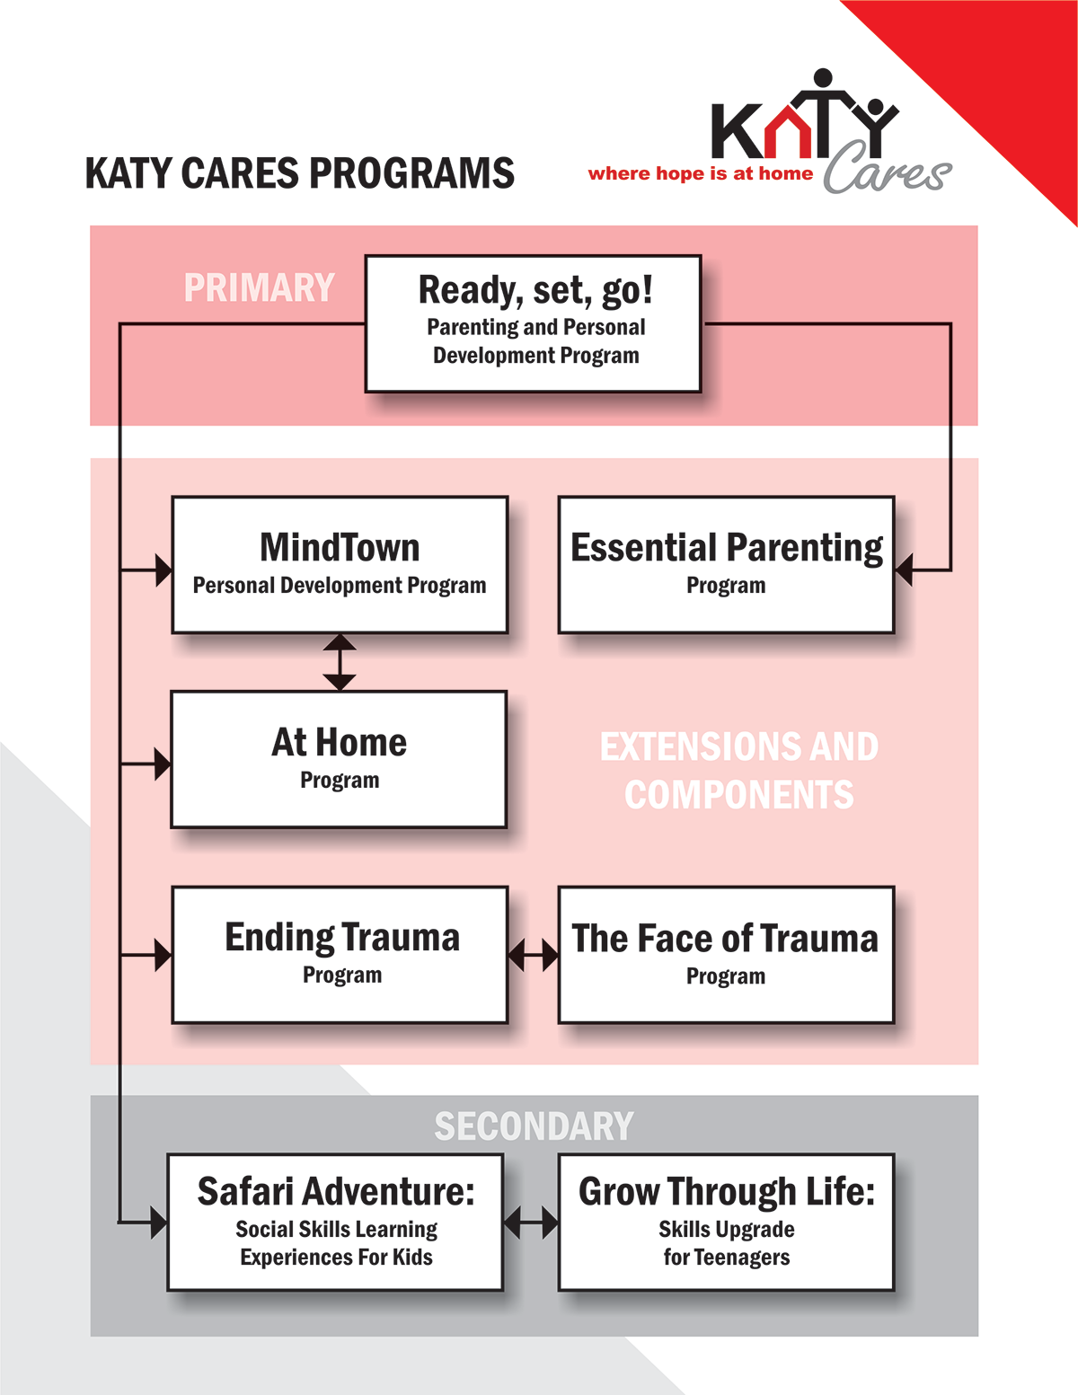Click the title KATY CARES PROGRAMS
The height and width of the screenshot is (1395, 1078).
(x=299, y=173)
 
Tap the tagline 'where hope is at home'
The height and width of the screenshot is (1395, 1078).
(x=700, y=173)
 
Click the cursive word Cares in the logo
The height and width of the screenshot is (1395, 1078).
(x=887, y=171)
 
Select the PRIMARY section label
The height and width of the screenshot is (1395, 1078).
(x=259, y=288)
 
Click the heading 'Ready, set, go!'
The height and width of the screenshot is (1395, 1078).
(x=535, y=290)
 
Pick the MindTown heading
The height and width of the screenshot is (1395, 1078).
(x=340, y=547)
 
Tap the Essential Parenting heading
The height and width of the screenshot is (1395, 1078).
(x=726, y=547)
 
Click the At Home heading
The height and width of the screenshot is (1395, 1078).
(x=340, y=742)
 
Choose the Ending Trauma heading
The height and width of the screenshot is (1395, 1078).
(x=341, y=937)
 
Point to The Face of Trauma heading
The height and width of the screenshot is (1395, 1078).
(x=725, y=938)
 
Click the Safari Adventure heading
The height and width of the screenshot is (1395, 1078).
(x=336, y=1191)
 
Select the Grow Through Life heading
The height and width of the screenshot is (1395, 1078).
(x=726, y=1191)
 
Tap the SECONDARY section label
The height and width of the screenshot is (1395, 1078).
(x=534, y=1126)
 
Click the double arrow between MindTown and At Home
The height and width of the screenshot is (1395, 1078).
(x=340, y=662)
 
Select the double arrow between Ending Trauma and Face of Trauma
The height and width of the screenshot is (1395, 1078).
(x=533, y=955)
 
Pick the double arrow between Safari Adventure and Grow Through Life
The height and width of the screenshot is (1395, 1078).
(x=530, y=1223)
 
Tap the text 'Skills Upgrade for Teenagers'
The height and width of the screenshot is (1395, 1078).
(x=726, y=1243)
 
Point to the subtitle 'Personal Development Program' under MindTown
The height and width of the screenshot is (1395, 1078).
(x=340, y=586)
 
